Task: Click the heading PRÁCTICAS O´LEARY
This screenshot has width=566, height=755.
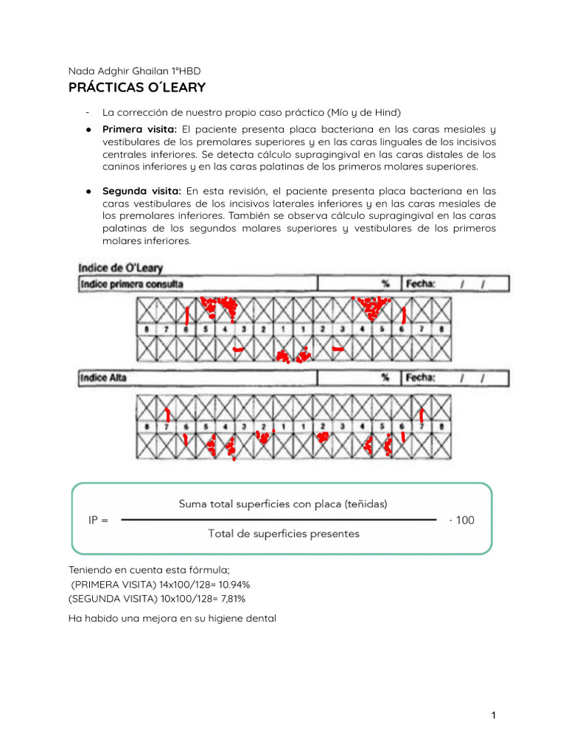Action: (x=136, y=88)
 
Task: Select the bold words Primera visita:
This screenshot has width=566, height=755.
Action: (x=140, y=130)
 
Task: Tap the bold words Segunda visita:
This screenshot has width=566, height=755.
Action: (x=141, y=191)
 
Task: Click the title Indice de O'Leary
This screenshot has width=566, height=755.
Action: (x=121, y=268)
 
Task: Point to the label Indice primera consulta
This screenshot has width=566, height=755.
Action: (x=132, y=284)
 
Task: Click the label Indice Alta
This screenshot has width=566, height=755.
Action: (x=105, y=378)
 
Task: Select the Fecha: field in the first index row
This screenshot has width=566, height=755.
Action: (x=421, y=284)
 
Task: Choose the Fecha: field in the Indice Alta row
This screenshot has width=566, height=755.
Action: (x=421, y=378)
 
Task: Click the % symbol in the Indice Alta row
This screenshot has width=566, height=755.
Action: (x=385, y=378)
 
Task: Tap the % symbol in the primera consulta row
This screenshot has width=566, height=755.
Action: (x=385, y=284)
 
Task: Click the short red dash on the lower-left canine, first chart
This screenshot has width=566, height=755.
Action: (x=238, y=348)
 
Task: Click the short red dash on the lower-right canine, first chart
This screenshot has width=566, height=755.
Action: (x=338, y=348)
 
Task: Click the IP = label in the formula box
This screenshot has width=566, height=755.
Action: (x=98, y=520)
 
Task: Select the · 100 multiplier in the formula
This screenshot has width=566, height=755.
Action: (x=462, y=520)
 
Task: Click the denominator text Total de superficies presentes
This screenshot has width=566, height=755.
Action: (x=284, y=533)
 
